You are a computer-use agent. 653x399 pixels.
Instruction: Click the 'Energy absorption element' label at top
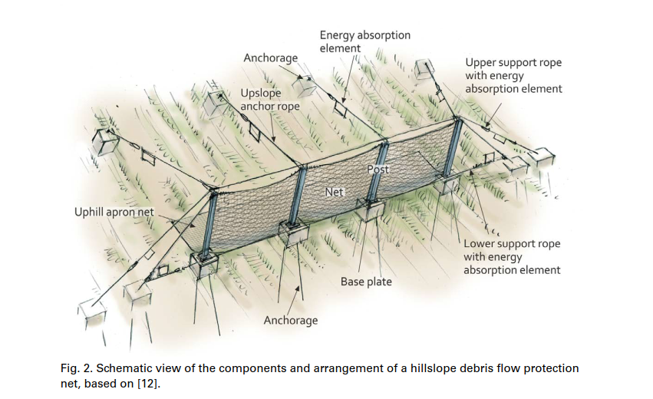(x=364, y=41)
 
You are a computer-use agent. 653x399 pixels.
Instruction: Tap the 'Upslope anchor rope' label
(x=270, y=99)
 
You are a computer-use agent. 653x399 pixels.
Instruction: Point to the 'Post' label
(x=379, y=170)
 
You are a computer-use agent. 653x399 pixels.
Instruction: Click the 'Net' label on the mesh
(x=334, y=192)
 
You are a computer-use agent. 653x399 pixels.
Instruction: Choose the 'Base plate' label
(x=366, y=282)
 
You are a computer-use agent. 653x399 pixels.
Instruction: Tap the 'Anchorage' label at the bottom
(x=290, y=320)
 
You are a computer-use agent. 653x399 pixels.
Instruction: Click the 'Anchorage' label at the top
(x=269, y=58)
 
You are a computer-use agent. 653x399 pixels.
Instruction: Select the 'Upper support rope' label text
(x=513, y=75)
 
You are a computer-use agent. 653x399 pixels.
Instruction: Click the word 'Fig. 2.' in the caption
(x=77, y=368)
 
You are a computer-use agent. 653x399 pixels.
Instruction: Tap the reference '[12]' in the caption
(x=152, y=382)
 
